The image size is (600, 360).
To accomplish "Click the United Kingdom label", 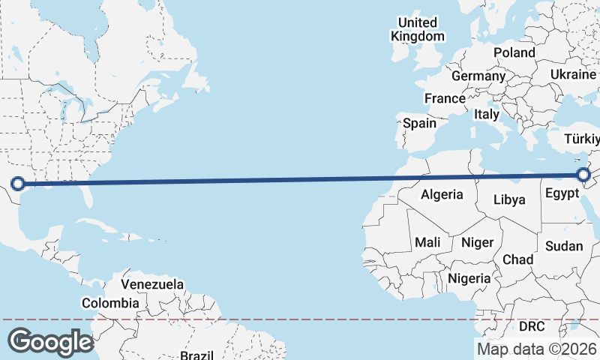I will (x=418, y=29).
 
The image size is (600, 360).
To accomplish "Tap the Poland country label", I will (x=514, y=53).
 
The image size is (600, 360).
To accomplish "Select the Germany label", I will (x=478, y=76).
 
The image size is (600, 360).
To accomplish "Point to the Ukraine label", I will (x=573, y=75).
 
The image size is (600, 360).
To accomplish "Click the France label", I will (x=445, y=98).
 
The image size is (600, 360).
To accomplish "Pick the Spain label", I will (x=419, y=123).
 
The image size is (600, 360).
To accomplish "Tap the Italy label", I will (x=486, y=115).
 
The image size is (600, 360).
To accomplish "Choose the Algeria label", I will (x=442, y=195).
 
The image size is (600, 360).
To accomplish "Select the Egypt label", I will (x=562, y=193).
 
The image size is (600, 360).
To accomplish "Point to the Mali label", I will (x=427, y=242).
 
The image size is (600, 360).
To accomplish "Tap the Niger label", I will (x=477, y=242).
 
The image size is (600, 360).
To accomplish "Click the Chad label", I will (x=517, y=259).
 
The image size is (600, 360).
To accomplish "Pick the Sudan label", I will (x=562, y=245).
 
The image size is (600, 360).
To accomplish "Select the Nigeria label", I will (x=469, y=278).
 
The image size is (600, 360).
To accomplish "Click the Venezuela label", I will (x=152, y=285).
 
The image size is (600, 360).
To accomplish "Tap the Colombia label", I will (x=110, y=303).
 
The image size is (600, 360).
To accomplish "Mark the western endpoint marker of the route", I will (x=18, y=183).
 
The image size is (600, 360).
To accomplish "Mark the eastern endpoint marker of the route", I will (x=585, y=175).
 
